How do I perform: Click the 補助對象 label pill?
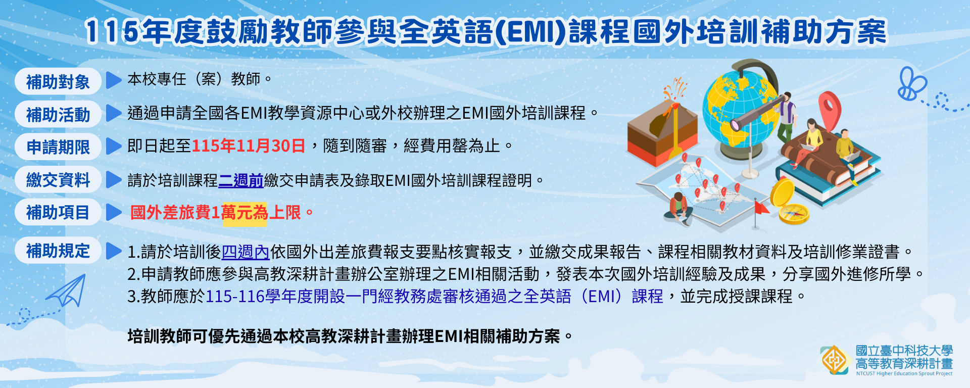58,81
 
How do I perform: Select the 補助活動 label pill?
58,114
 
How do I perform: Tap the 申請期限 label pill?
58,147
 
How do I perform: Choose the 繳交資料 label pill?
58,180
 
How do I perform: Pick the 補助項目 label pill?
58,213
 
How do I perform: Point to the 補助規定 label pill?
58,251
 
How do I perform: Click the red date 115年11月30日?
248,146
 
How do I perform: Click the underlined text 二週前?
241,180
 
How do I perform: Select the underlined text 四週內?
246,251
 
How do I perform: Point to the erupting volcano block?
661,126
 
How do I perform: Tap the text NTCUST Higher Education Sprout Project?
904,374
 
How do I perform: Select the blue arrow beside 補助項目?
114,213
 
